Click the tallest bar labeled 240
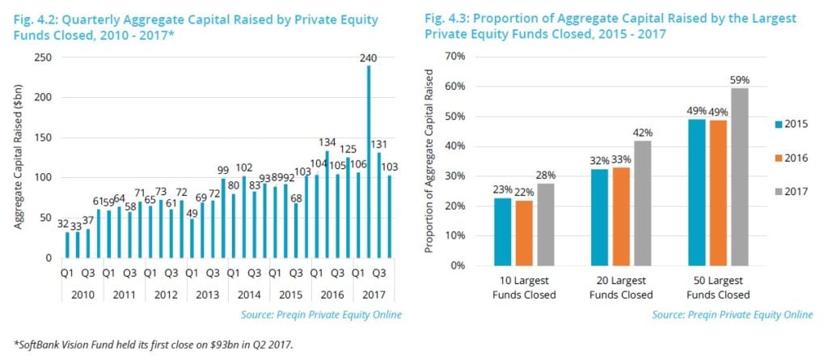pos(370,162)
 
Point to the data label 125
pos(348,149)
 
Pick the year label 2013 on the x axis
pos(208,294)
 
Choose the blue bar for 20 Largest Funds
pos(598,218)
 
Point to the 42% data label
pos(642,133)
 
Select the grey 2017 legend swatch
pos(773,191)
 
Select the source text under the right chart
pos(732,314)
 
